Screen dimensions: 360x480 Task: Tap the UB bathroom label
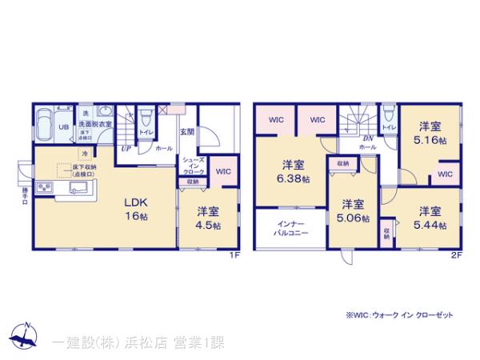point(62,126)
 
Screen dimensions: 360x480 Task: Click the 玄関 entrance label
point(186,132)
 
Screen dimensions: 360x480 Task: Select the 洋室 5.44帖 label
point(430,218)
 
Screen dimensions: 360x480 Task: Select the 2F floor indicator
point(456,256)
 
